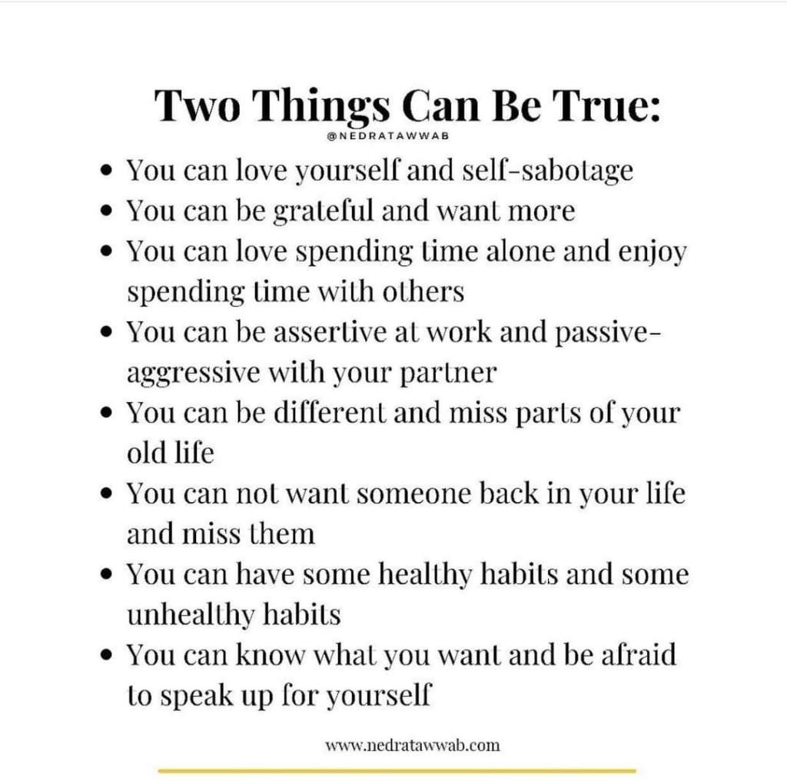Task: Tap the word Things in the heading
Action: pyautogui.click(x=323, y=108)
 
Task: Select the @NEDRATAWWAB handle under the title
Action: pyautogui.click(x=387, y=136)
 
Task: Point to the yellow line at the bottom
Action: pyautogui.click(x=397, y=770)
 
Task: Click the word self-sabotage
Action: pyautogui.click(x=547, y=171)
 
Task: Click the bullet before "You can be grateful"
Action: pyautogui.click(x=106, y=211)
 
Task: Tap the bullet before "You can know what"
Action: pyautogui.click(x=106, y=655)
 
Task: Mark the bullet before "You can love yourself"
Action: pyautogui.click(x=106, y=171)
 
